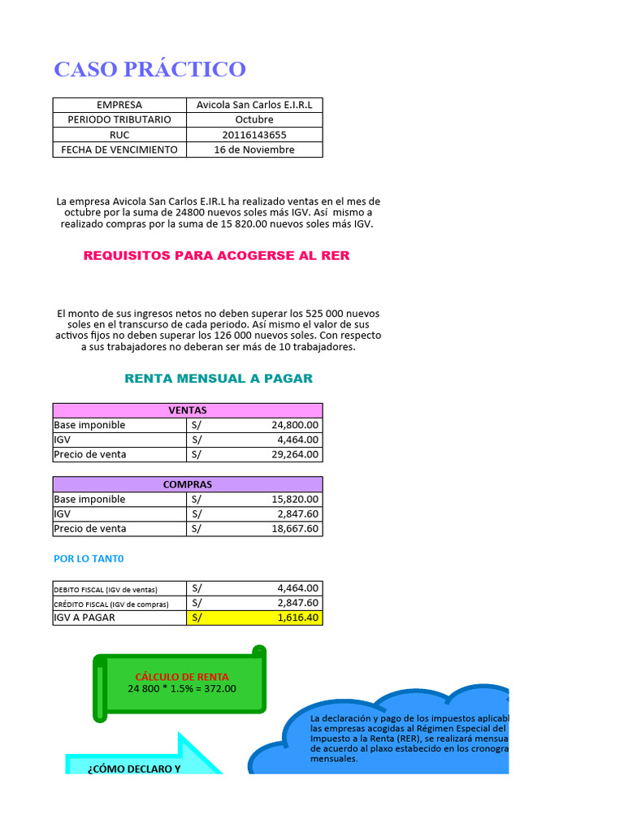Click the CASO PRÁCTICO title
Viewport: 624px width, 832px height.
coord(149,69)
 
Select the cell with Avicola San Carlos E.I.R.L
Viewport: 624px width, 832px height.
coord(254,105)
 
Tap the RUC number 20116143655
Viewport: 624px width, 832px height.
coord(254,135)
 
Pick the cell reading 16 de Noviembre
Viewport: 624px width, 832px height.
coord(254,149)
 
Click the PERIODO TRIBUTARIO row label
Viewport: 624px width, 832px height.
coord(119,119)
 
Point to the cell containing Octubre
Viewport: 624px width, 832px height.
coord(254,119)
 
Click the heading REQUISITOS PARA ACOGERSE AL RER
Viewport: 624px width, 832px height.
coord(216,255)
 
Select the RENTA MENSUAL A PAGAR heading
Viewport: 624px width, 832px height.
coord(218,379)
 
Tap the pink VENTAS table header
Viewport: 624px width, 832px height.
coord(188,410)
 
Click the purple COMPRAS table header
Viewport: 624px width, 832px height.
coord(188,484)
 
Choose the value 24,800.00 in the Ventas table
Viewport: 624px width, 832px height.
coord(295,425)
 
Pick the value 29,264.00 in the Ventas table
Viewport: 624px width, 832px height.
coord(295,454)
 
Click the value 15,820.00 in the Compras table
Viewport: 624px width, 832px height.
coord(295,499)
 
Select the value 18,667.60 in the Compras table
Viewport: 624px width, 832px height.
coord(295,528)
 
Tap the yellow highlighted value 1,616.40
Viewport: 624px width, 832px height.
coord(298,617)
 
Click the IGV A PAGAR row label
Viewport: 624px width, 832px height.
coord(84,617)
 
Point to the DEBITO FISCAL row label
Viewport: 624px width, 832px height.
coord(106,589)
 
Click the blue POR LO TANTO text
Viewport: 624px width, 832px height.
coord(89,559)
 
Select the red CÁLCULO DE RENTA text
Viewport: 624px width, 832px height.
coord(181,677)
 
